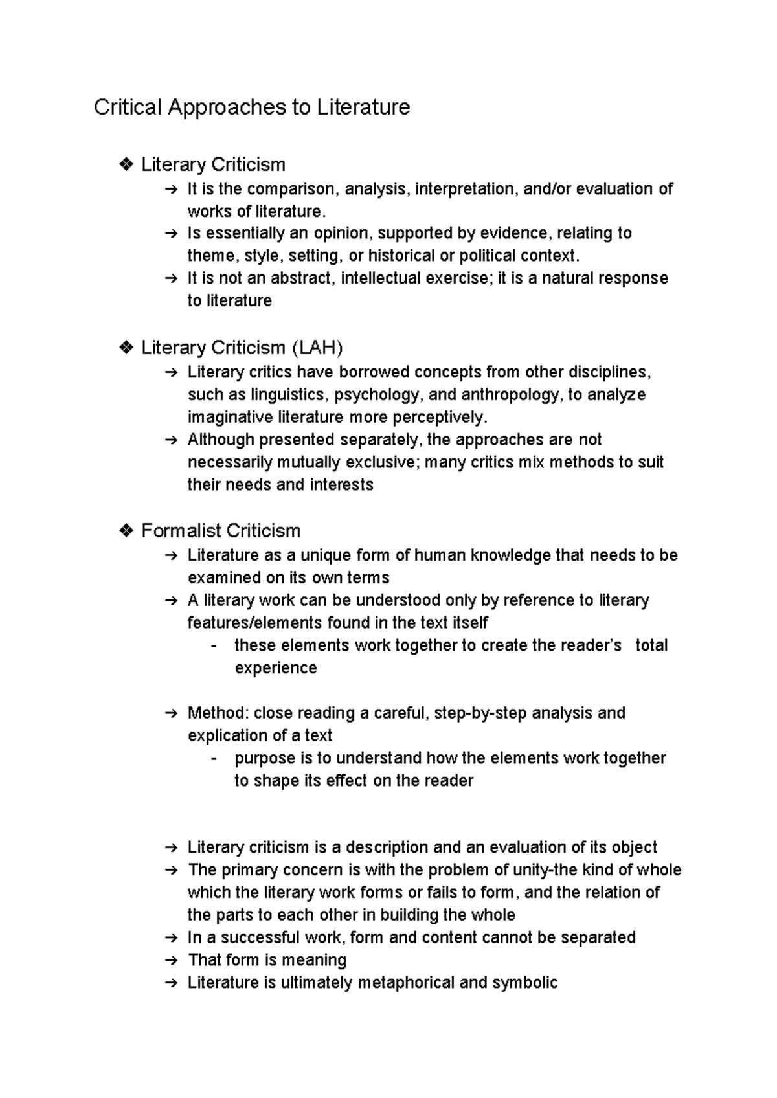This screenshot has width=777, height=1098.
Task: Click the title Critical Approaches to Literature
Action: tap(252, 107)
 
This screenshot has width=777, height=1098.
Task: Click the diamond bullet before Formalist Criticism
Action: tap(126, 532)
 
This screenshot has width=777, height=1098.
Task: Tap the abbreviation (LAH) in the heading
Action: tap(317, 348)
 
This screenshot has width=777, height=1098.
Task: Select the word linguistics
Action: tap(289, 395)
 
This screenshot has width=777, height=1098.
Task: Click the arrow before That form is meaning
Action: tap(171, 961)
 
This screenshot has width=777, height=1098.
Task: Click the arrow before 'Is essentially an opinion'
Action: tap(171, 234)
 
